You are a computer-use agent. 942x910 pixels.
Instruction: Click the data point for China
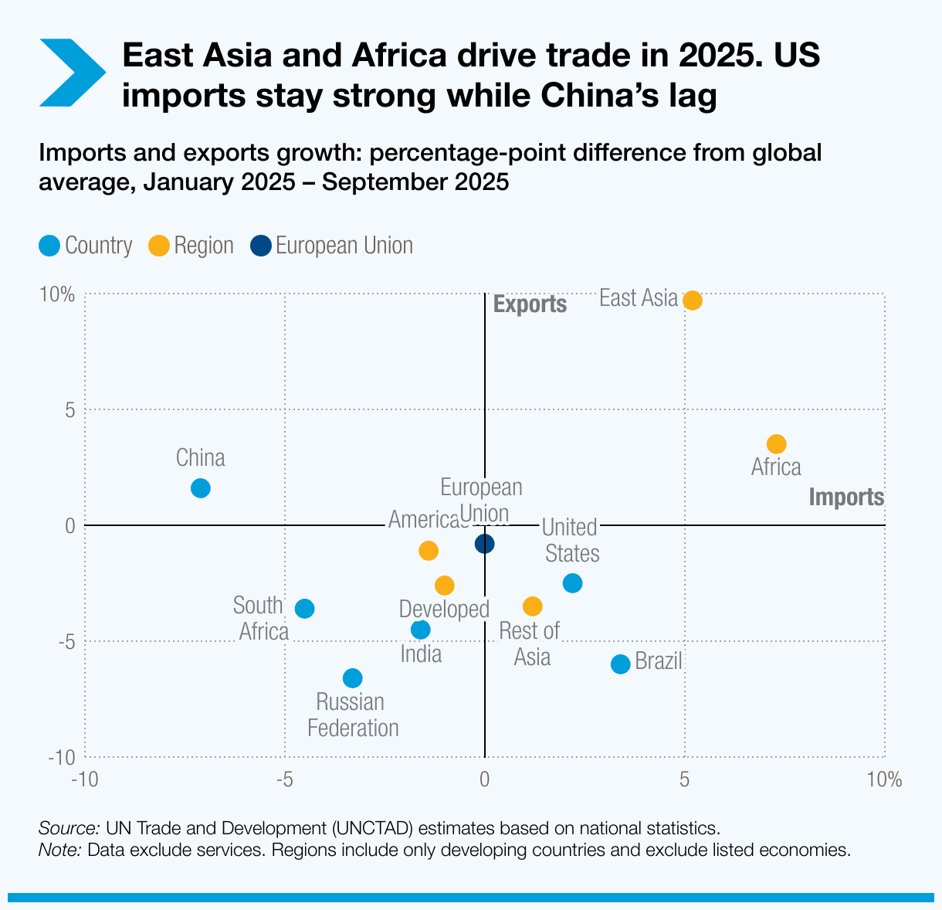point(201,488)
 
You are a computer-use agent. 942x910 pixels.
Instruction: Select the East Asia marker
point(693,301)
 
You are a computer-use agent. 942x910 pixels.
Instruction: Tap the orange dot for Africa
point(776,444)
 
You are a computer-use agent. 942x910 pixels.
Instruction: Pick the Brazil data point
point(620,664)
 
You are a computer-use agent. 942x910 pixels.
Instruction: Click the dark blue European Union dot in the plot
point(484,544)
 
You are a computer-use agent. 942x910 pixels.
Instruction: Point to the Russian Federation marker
point(352,678)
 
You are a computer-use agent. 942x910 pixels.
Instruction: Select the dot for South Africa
point(305,609)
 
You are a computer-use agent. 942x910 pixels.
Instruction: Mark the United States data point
point(572,583)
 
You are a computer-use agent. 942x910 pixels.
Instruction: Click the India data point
point(421,630)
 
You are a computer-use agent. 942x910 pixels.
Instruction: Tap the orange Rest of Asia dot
point(533,606)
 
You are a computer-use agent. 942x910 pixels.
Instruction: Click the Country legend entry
point(86,246)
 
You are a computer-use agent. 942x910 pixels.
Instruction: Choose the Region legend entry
point(191,246)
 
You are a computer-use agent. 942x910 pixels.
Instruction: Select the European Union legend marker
point(261,246)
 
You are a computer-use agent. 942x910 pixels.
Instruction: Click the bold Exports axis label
point(530,304)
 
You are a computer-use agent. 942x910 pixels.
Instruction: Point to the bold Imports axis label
point(846,497)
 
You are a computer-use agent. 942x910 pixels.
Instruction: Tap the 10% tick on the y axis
point(57,295)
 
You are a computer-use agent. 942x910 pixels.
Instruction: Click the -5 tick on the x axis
point(284,779)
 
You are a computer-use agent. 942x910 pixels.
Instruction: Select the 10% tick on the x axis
point(884,779)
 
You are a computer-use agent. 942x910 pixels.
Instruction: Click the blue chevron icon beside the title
point(71,73)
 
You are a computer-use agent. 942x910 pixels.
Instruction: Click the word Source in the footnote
point(69,828)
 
